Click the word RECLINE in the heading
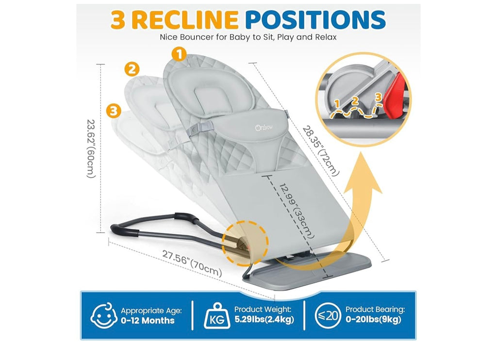click(x=184, y=19)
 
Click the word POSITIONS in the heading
click(x=315, y=19)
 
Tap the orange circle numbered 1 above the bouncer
click(x=179, y=54)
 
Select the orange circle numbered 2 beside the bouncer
click(x=132, y=69)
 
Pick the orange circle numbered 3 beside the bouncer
click(x=114, y=111)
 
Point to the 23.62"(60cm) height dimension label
click(x=91, y=148)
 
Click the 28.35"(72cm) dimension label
click(x=321, y=151)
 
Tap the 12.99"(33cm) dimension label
click(x=297, y=211)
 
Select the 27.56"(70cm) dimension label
click(x=192, y=263)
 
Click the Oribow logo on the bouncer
click(x=264, y=128)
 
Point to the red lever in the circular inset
click(x=395, y=96)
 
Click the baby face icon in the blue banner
click(x=104, y=316)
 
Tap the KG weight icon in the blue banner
click(x=217, y=316)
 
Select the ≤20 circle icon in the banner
click(x=328, y=316)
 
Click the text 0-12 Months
click(x=148, y=320)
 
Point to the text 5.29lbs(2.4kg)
click(x=265, y=319)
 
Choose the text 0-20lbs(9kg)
click(x=373, y=319)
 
